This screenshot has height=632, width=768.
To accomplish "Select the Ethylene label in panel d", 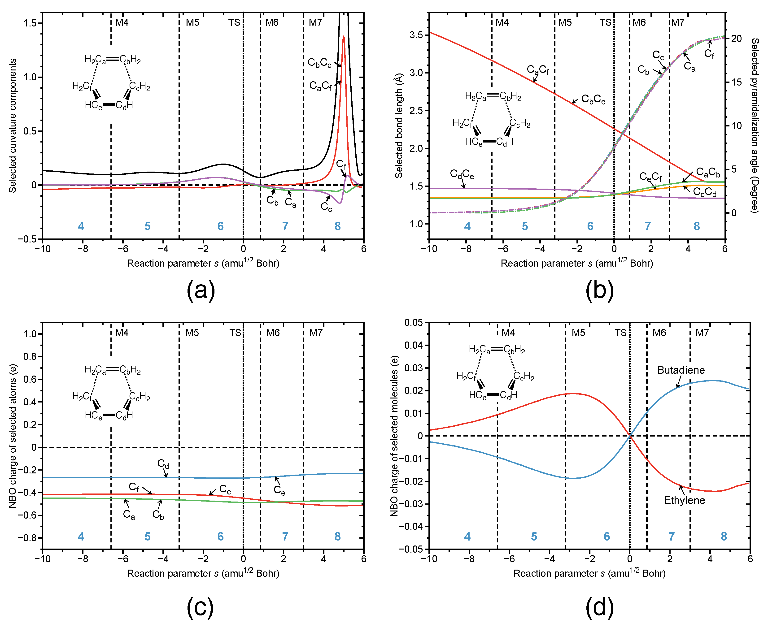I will (684, 500).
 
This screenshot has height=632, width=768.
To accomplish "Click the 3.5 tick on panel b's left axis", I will (416, 35).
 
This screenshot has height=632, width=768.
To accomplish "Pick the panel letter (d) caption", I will (599, 607).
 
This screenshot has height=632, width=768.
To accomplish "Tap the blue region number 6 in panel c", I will (220, 536).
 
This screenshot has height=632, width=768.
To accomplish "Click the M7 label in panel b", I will (678, 23).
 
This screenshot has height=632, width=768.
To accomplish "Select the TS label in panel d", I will (621, 333).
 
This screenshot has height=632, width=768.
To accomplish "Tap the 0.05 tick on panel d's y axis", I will (414, 323).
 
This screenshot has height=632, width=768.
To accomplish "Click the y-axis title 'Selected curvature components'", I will (13, 126).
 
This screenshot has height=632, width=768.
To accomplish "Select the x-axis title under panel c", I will (203, 573).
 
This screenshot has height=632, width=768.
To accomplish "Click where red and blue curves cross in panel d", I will (630, 436).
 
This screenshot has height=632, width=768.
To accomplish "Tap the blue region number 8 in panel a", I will (338, 226).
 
